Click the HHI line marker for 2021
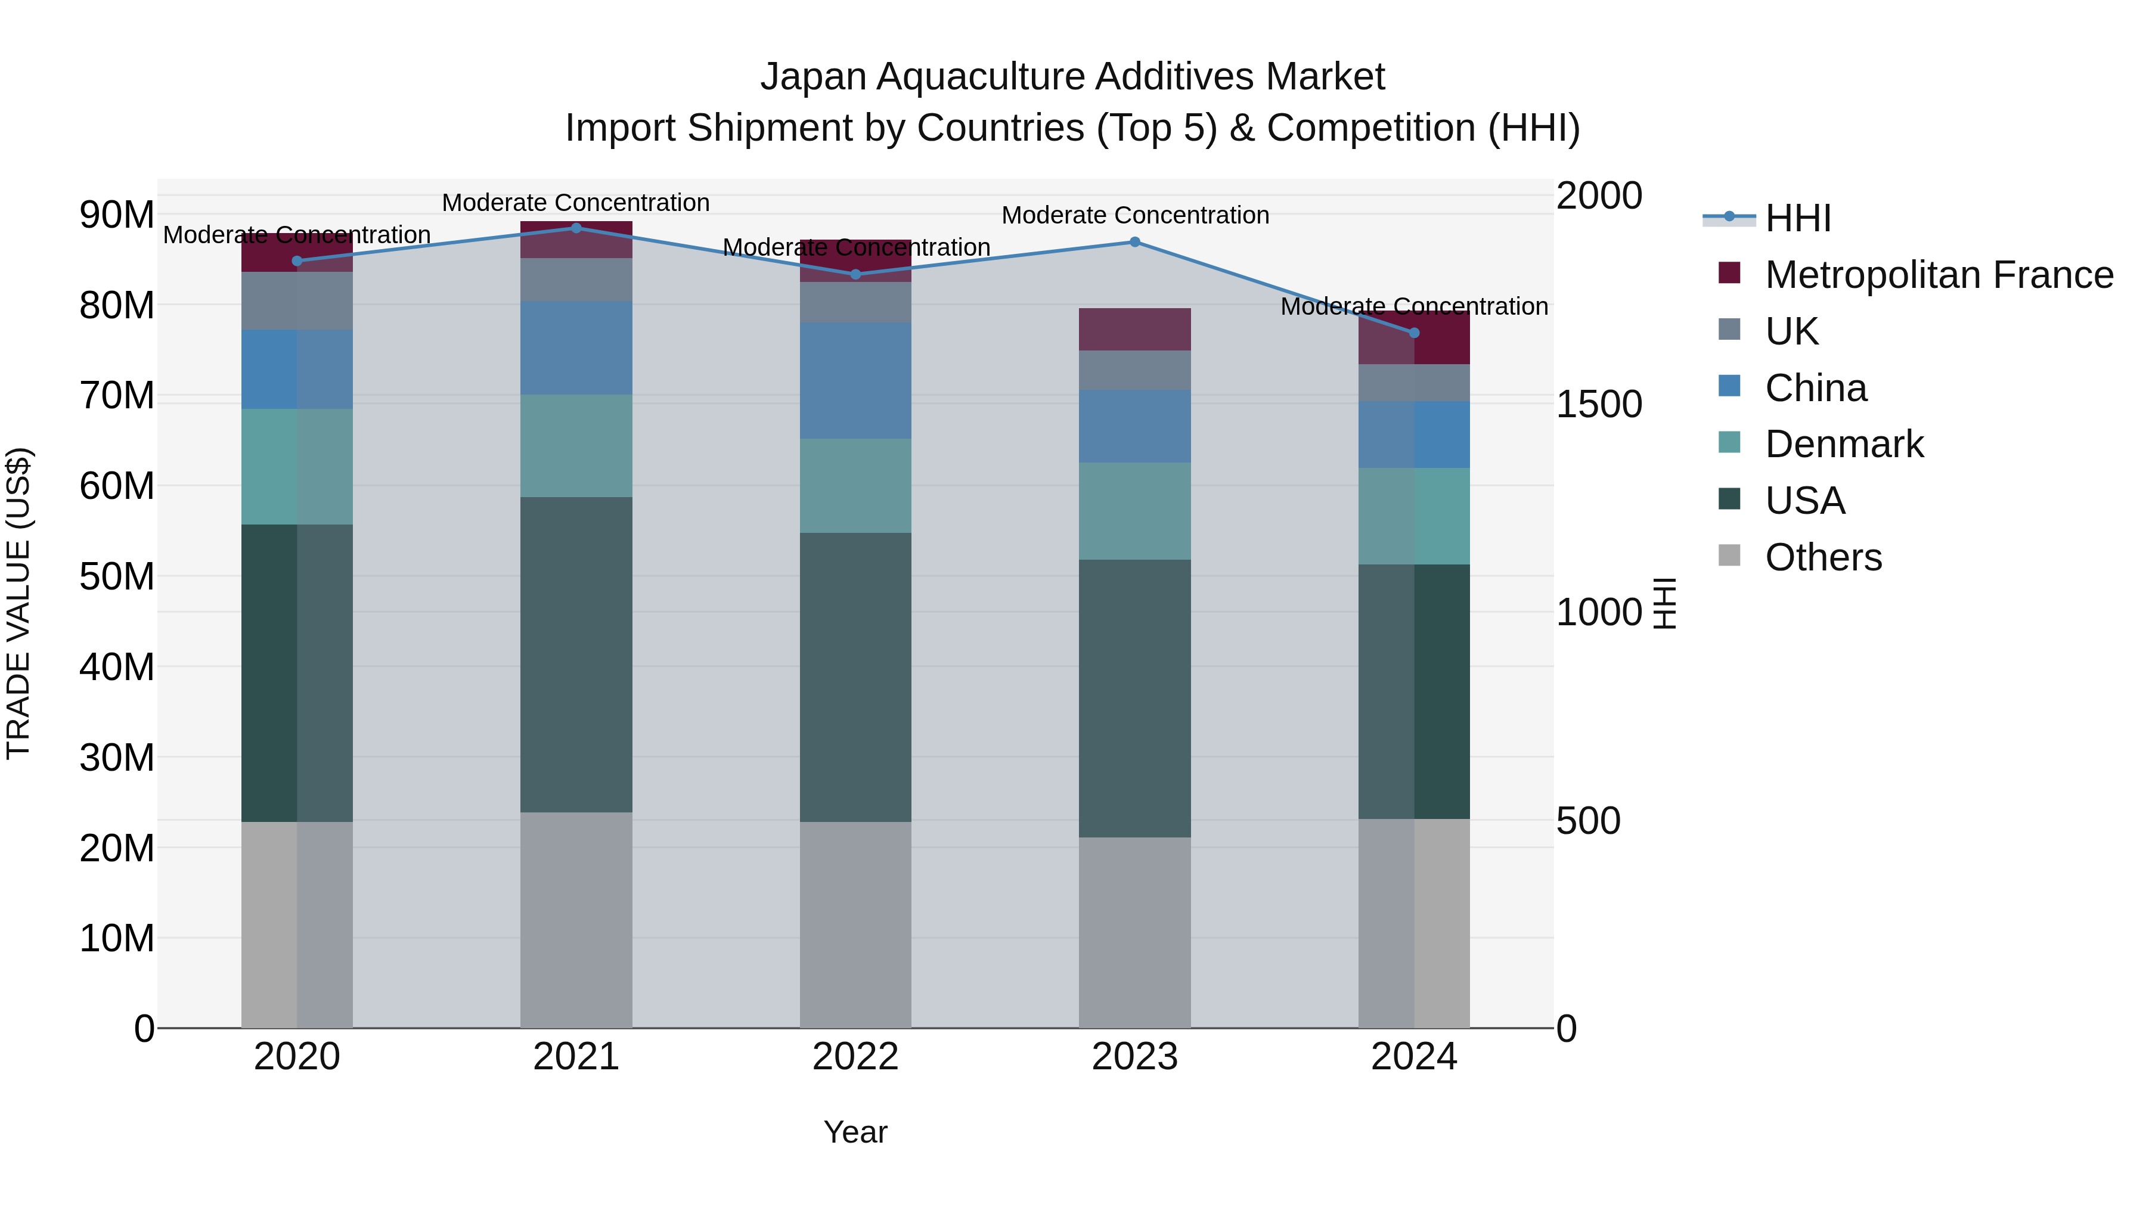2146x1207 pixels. tap(576, 228)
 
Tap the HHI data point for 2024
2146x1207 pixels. tap(1414, 333)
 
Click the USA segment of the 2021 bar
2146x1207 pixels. tap(576, 654)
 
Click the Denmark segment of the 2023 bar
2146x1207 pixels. tap(1134, 511)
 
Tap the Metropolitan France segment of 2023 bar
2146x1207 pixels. tap(1134, 329)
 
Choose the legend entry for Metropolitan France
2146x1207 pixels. tap(1939, 275)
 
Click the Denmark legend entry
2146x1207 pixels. tap(1844, 444)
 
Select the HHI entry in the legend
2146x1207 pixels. tap(1798, 218)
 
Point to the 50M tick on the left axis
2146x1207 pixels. tap(117, 576)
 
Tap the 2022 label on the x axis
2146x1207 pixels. tap(855, 1057)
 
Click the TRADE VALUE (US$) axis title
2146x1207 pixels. tap(18, 603)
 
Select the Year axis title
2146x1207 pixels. tap(855, 1132)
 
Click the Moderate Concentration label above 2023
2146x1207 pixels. tap(1134, 215)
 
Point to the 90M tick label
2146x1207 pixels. tap(117, 215)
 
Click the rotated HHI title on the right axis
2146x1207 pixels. tap(1664, 603)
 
